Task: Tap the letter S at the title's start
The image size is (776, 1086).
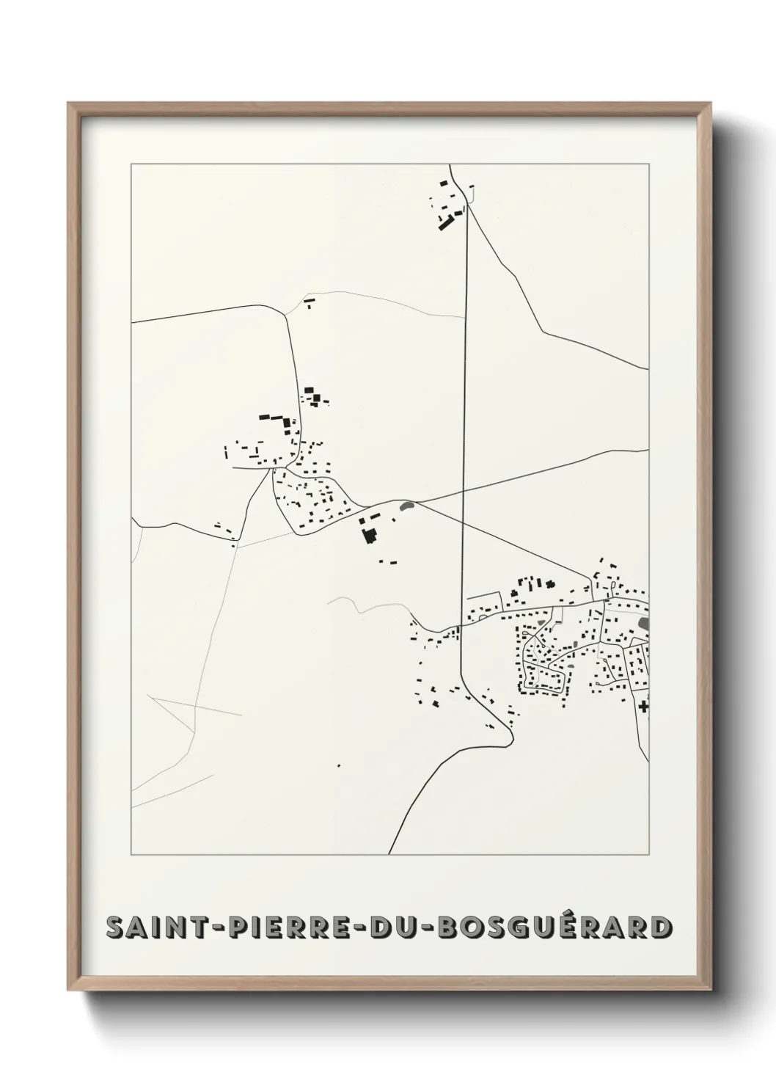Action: click(x=115, y=928)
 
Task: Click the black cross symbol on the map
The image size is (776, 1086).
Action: click(x=644, y=707)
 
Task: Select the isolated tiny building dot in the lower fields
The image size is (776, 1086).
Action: click(x=339, y=766)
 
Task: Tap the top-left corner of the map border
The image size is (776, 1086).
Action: click(x=131, y=164)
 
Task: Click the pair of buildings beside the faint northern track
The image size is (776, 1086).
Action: click(x=309, y=301)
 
